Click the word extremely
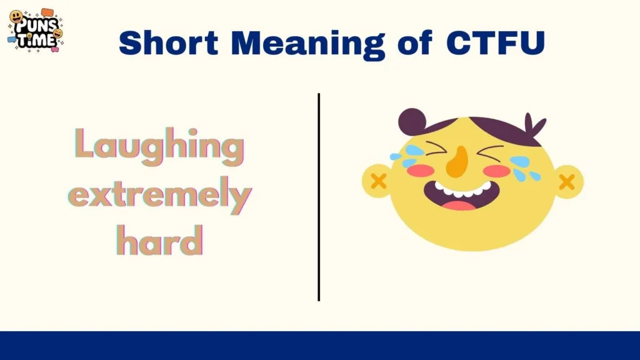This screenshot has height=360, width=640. click(159, 196)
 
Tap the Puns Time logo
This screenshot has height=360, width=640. click(35, 30)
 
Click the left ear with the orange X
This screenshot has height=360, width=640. click(377, 181)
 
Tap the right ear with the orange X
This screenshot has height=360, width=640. click(567, 182)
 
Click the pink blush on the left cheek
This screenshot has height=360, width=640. click(421, 170)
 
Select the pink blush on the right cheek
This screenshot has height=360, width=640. click(498, 170)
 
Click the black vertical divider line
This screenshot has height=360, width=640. click(319, 197)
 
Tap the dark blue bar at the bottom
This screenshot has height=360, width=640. click(320, 346)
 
